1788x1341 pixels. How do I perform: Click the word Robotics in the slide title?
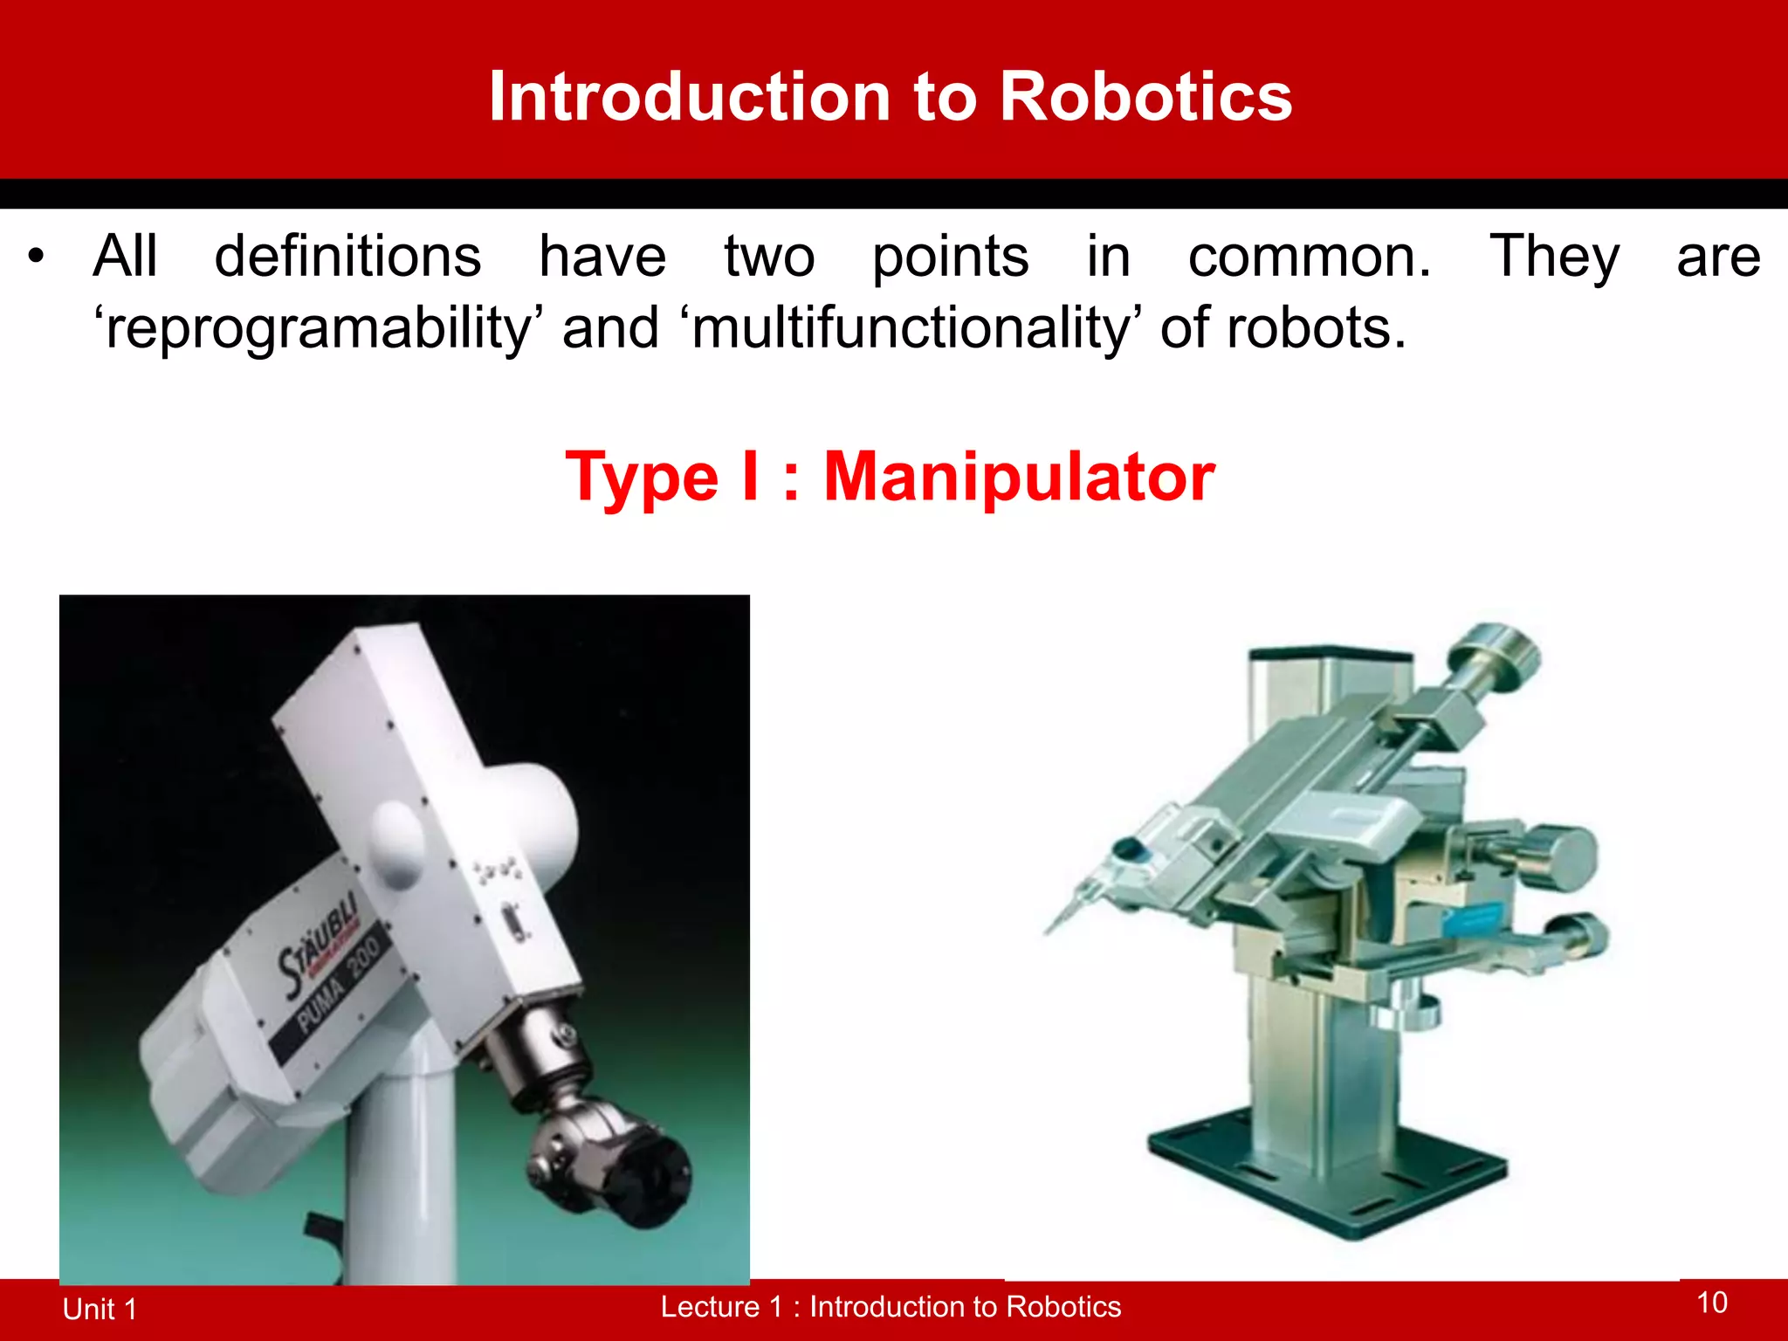coord(1145,96)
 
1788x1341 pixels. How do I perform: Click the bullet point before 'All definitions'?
coord(35,257)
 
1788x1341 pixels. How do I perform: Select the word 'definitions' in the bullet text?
coord(347,257)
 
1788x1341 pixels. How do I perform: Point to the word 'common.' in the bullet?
coord(1310,257)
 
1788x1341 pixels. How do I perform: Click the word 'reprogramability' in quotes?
coord(319,330)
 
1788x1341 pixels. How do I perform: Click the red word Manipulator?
coord(1019,477)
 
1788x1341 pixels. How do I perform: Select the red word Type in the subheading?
coord(643,478)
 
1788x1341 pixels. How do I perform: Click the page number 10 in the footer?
coord(1711,1303)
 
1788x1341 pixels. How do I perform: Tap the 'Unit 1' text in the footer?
coord(100,1309)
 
